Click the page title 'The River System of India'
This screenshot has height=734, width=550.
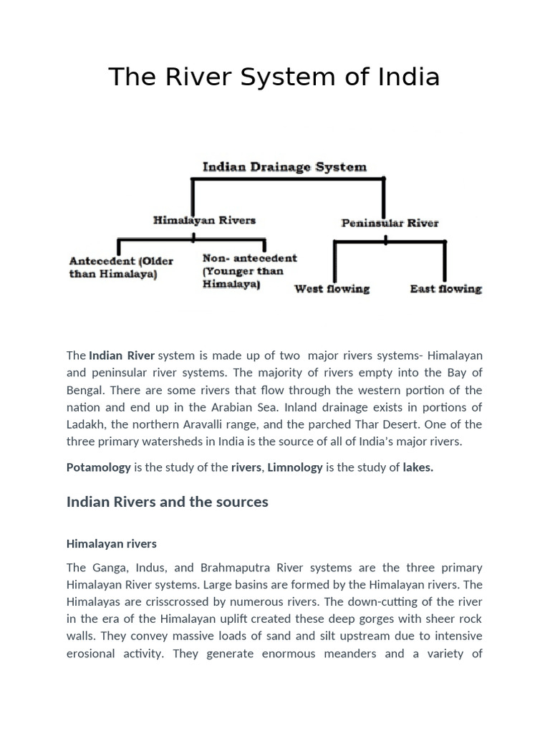[274, 77]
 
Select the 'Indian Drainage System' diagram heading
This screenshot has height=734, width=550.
[284, 167]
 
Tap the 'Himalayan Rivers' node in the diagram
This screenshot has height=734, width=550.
[204, 220]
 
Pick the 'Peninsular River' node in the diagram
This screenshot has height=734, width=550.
[390, 223]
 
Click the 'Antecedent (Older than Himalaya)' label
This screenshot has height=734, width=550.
[122, 267]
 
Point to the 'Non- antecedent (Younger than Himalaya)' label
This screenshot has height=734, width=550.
[249, 271]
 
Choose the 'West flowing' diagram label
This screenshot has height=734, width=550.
[332, 289]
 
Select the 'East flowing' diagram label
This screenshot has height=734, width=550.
[445, 289]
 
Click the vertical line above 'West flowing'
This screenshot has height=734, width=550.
[334, 261]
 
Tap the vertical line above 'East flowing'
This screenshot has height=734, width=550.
[445, 261]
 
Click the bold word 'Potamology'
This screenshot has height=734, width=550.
[99, 467]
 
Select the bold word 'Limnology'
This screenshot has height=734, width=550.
[294, 467]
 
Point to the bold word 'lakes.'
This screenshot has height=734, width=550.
[418, 467]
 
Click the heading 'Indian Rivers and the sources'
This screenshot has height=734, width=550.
[168, 502]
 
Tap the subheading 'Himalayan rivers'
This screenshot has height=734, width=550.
[112, 544]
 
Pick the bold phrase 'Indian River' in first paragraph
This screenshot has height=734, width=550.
[122, 356]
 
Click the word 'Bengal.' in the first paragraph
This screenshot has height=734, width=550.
[86, 390]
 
